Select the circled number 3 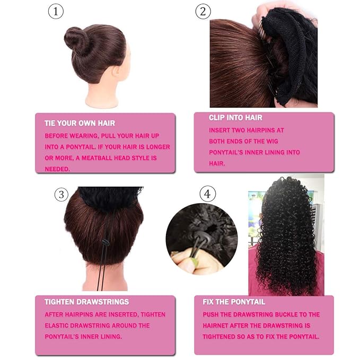pyautogui.click(x=62, y=195)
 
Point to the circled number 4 pyautogui.click(x=207, y=195)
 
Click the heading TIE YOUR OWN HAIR pyautogui.click(x=80, y=124)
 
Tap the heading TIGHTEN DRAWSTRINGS pyautogui.click(x=86, y=302)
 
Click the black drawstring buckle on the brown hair pyautogui.click(x=105, y=242)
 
